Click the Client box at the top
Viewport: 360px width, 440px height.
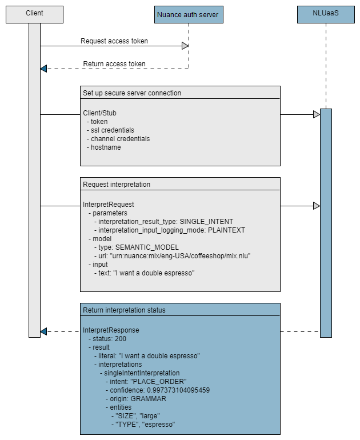click(34, 14)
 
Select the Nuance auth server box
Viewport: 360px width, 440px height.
click(189, 14)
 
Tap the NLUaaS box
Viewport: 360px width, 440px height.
click(326, 14)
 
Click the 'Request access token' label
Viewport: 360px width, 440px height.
click(114, 41)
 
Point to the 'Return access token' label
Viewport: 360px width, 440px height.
click(114, 64)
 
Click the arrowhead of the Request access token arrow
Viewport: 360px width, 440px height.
click(185, 46)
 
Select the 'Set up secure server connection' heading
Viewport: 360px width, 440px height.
click(132, 93)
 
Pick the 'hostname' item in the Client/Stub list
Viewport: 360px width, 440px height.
click(106, 147)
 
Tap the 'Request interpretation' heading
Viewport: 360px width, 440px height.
click(117, 185)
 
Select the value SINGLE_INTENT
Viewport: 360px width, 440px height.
click(206, 222)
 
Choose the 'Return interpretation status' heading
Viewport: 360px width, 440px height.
click(124, 310)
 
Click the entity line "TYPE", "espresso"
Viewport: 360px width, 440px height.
click(145, 425)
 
